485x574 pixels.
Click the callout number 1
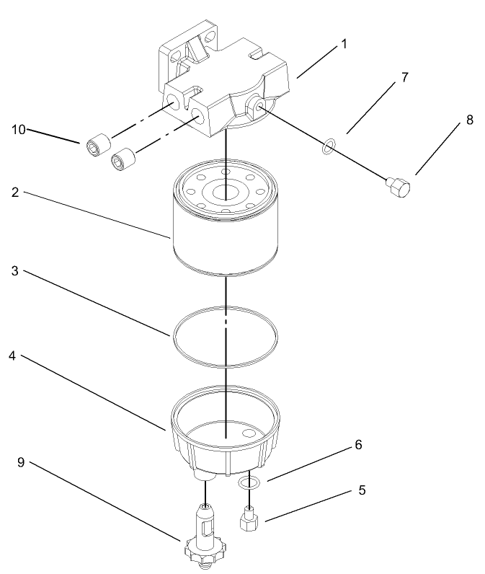[x=344, y=44]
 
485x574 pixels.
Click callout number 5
[x=362, y=490]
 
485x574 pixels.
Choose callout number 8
[x=469, y=120]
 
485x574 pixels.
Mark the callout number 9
[x=21, y=462]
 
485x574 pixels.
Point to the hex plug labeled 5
[x=249, y=518]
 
